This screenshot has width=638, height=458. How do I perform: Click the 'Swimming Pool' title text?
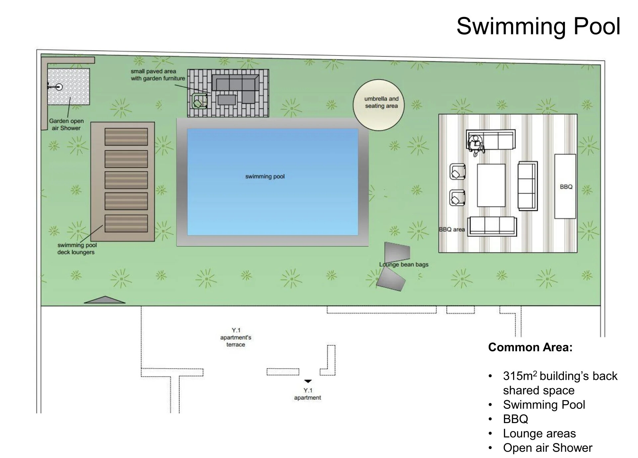coord(538,26)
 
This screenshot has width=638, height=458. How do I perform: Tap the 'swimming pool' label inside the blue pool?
coord(265,176)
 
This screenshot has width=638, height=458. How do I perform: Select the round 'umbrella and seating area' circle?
coord(378,105)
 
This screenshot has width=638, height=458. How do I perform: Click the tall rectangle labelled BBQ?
coord(565,186)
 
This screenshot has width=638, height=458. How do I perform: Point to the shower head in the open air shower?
coord(59,87)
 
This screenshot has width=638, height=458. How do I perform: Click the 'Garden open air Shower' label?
coord(66,124)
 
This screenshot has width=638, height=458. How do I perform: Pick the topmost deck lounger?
coord(126,137)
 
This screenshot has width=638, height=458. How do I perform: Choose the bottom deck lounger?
coord(126,223)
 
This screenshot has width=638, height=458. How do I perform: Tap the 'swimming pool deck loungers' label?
coord(77,249)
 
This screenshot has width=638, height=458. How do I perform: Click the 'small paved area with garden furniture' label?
coord(158,75)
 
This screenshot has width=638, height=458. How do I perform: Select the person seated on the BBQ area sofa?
coord(476,145)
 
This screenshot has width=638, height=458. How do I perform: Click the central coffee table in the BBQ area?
coord(491,185)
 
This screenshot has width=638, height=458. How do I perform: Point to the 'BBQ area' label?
coord(452,229)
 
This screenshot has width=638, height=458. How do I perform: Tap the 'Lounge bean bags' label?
coord(404,265)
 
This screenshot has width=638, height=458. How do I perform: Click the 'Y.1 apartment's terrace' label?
coord(236,337)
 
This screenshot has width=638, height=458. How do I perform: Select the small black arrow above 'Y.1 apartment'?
coord(308,381)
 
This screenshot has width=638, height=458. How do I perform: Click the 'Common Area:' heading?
coord(530,347)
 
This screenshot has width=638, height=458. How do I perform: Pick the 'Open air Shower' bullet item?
coord(548,448)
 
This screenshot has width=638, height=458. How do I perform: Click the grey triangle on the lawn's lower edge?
coord(105,300)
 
